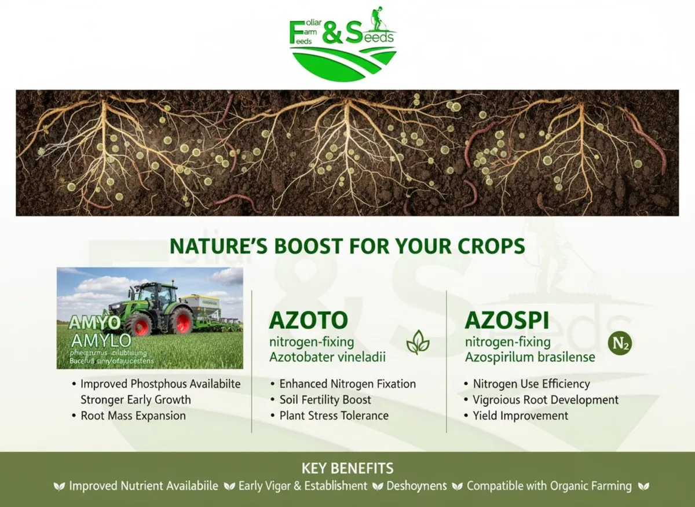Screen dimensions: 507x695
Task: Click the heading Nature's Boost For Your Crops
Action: [x=347, y=246]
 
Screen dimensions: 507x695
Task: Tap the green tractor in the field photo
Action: [x=152, y=307]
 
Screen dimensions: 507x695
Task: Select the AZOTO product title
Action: [x=309, y=320]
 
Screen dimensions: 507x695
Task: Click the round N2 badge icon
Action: [x=620, y=343]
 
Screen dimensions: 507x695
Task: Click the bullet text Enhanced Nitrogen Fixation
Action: [x=348, y=384]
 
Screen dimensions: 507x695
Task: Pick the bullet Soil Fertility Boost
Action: [x=325, y=400]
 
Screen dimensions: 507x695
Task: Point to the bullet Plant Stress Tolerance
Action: [x=334, y=416]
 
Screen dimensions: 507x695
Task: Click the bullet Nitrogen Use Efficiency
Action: [x=531, y=384]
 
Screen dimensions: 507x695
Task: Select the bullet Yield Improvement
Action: [x=520, y=416]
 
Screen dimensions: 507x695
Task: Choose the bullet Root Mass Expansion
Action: [x=133, y=416]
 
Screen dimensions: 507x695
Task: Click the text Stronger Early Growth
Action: [x=136, y=399]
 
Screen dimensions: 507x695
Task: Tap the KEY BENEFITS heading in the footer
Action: [x=348, y=468]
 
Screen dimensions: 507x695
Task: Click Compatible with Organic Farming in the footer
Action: [x=549, y=486]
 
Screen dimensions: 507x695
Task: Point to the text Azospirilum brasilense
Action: [x=530, y=357]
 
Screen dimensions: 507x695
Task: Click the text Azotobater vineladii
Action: [x=327, y=357]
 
